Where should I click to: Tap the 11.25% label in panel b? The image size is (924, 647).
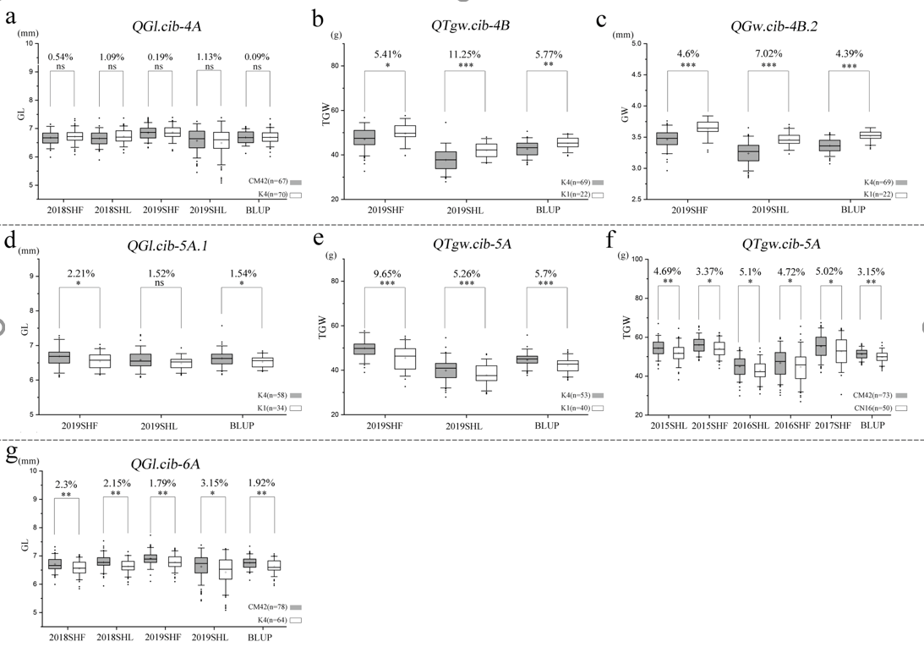click(462, 54)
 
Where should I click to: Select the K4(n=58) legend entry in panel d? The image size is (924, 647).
click(271, 395)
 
